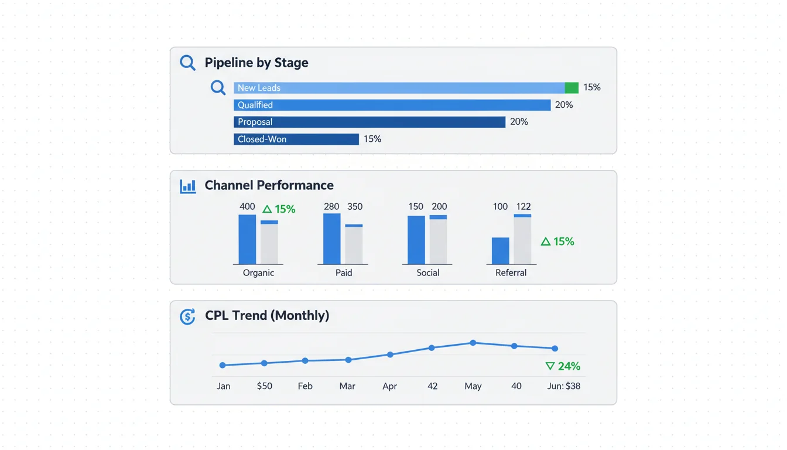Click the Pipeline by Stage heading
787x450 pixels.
(256, 63)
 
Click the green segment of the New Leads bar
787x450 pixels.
(572, 88)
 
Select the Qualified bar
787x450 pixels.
(392, 105)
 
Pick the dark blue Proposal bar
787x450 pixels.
(369, 122)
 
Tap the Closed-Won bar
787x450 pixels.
(296, 139)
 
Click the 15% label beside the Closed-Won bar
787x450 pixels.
(372, 139)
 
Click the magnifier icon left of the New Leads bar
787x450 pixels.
(218, 88)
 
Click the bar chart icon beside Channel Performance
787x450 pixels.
(188, 186)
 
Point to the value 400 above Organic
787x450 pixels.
(247, 207)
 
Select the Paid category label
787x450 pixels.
(344, 272)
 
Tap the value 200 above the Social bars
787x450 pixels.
(439, 207)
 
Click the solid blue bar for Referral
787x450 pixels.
(500, 251)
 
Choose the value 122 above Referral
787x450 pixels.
(523, 207)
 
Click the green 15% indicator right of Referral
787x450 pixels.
(557, 241)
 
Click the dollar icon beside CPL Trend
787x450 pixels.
(187, 316)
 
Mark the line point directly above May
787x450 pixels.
(473, 343)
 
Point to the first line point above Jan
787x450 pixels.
(223, 365)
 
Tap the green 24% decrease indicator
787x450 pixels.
(563, 366)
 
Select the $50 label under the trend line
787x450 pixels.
(264, 386)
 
